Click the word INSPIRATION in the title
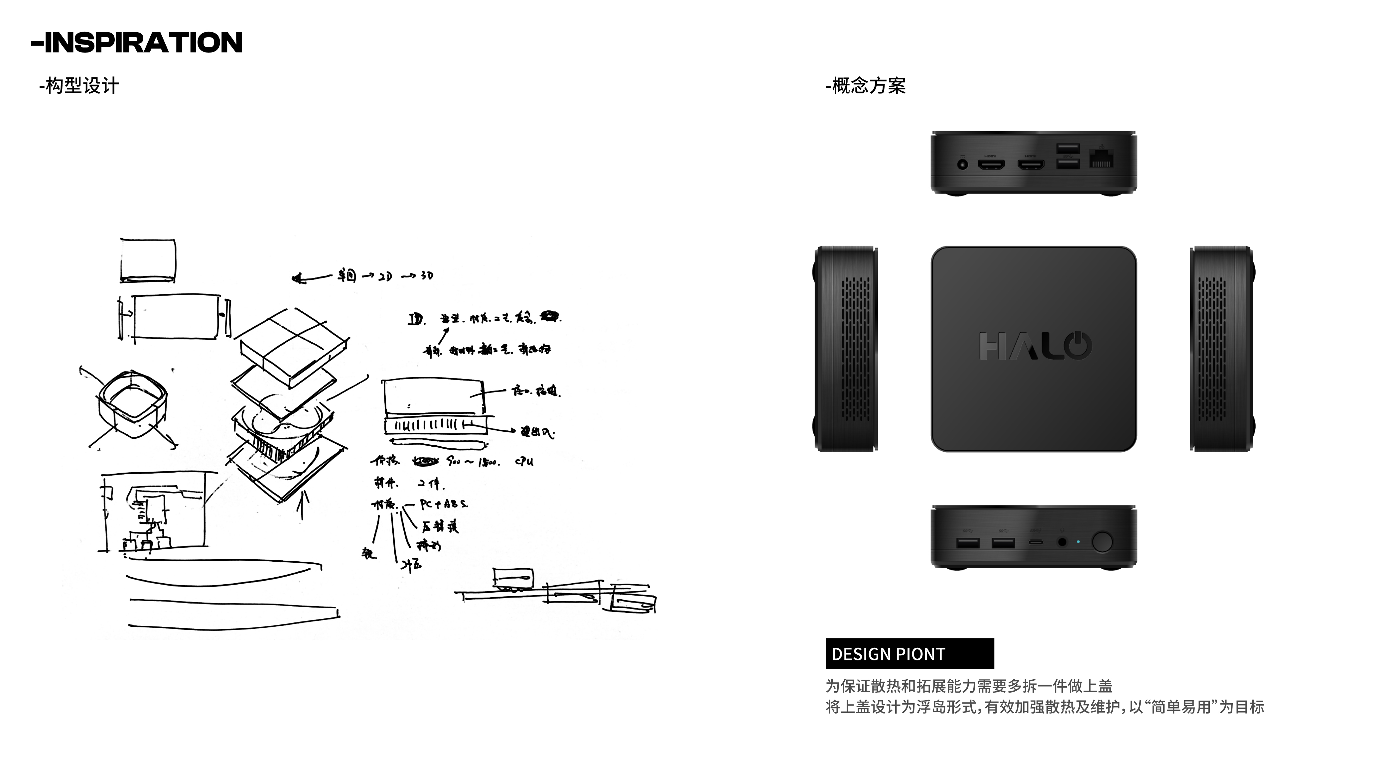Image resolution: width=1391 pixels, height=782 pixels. [143, 43]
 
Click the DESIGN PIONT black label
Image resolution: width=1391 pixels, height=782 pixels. [909, 654]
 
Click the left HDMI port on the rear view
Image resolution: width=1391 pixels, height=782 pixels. [991, 164]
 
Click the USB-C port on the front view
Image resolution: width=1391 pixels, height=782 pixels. [1036, 542]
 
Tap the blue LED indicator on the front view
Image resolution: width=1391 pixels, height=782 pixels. [1078, 542]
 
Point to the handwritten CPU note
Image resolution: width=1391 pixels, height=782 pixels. [524, 461]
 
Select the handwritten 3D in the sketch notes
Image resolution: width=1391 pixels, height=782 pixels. [427, 276]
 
